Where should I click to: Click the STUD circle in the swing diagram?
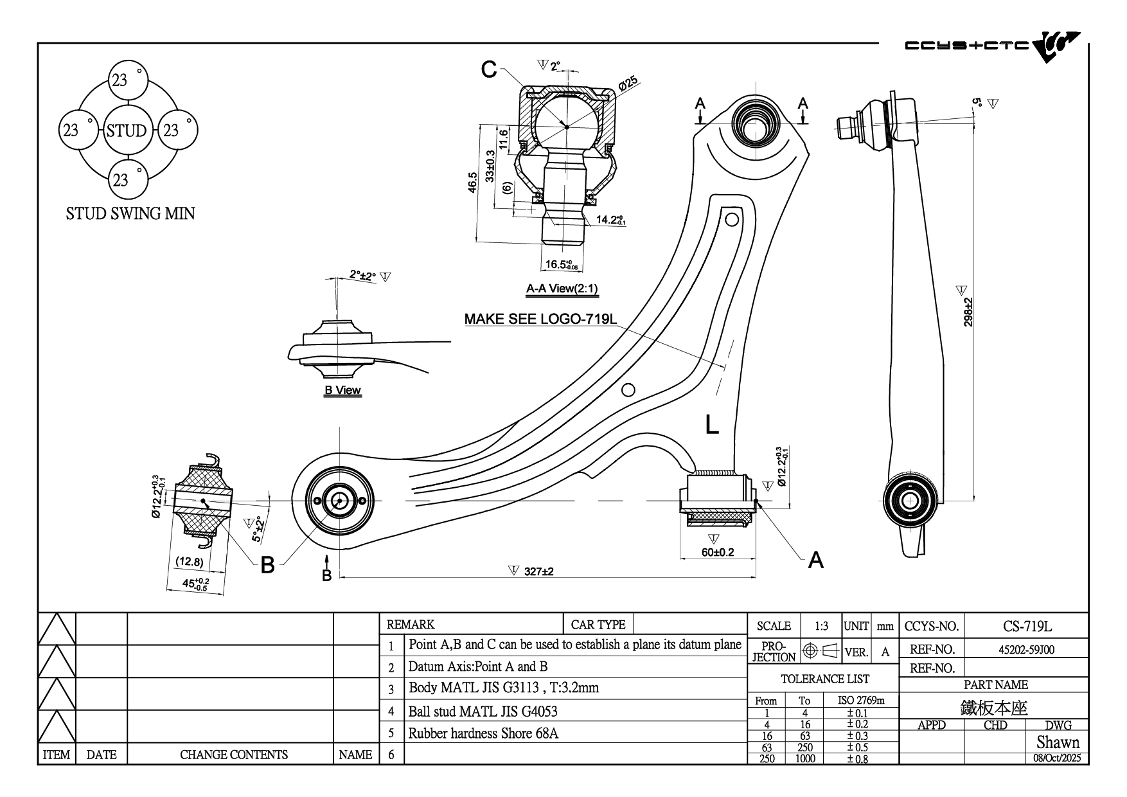(127, 130)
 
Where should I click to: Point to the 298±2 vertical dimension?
(968, 312)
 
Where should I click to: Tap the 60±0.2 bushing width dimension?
(717, 551)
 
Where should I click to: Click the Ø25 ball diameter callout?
(627, 84)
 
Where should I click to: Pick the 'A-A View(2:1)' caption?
(562, 289)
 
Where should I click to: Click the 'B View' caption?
(342, 390)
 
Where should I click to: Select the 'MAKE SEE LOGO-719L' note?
(540, 319)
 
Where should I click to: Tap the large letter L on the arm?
(712, 425)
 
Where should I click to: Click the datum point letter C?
(489, 69)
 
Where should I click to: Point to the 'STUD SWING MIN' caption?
(130, 213)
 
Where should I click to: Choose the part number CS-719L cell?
(1027, 626)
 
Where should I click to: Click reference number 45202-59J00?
(1026, 650)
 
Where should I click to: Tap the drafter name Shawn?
(1058, 742)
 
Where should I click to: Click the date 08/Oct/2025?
(1057, 758)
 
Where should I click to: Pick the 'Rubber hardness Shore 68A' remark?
(483, 733)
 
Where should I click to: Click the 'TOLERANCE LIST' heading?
(824, 679)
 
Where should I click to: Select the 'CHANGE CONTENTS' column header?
(233, 755)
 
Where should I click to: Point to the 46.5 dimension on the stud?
(472, 183)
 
